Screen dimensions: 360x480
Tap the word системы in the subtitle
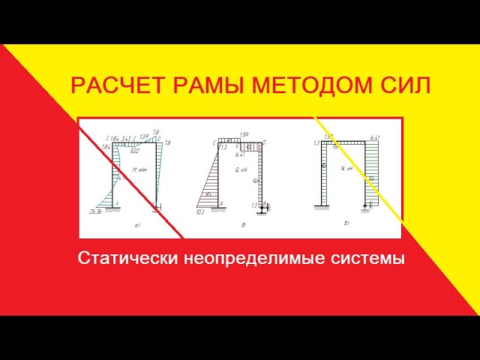click(365, 259)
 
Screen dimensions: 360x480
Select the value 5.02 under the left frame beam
click(135, 151)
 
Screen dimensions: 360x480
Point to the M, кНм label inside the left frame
click(139, 170)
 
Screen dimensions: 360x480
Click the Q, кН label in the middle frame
click(242, 170)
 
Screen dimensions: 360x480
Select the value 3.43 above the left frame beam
click(126, 138)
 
